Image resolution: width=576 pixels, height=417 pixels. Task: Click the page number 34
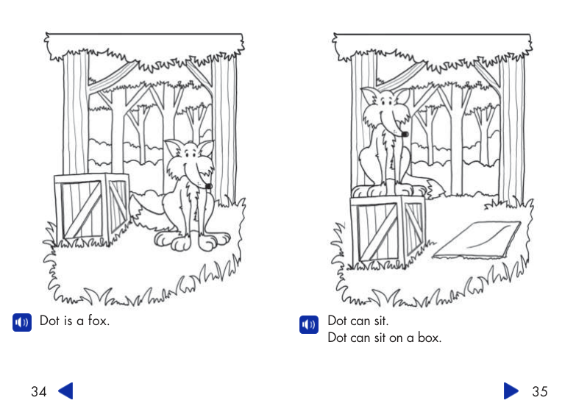pyautogui.click(x=38, y=391)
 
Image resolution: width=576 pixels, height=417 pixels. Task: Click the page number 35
pyautogui.click(x=539, y=391)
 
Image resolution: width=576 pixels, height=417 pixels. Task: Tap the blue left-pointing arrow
pyautogui.click(x=65, y=391)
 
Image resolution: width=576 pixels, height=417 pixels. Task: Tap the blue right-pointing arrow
pyautogui.click(x=511, y=391)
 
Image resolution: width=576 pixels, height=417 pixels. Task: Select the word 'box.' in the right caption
pyautogui.click(x=428, y=338)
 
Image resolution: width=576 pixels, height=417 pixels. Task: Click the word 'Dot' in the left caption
pyautogui.click(x=49, y=321)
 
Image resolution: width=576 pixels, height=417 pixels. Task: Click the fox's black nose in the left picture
pyautogui.click(x=209, y=185)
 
